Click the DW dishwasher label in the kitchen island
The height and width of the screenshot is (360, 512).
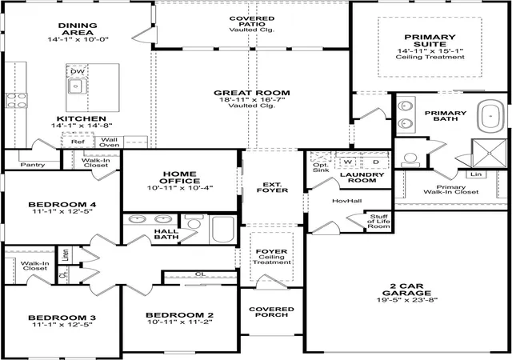(x=78, y=71)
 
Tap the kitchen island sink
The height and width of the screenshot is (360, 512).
(x=77, y=86)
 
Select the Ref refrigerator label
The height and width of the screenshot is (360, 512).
(x=78, y=142)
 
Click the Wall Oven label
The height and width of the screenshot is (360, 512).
(x=109, y=142)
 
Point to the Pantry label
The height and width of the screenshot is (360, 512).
(x=32, y=165)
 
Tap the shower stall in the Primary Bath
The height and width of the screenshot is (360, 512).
(x=489, y=153)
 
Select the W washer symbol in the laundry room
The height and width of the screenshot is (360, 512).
(x=348, y=162)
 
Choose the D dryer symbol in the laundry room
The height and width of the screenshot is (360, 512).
(x=376, y=162)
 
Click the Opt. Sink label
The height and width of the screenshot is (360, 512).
(x=321, y=167)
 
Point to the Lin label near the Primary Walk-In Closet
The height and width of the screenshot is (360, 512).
(x=476, y=174)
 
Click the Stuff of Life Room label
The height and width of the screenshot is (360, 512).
(x=378, y=221)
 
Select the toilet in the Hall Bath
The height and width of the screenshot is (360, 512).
(x=194, y=222)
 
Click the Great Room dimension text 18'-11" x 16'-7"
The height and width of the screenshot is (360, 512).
(x=252, y=100)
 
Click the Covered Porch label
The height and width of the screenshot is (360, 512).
(x=271, y=312)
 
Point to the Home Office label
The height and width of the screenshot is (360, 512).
(x=180, y=178)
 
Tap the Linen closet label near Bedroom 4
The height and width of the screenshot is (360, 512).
(x=66, y=255)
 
